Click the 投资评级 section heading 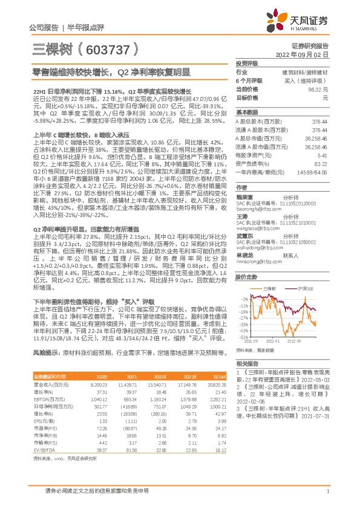point(247,63)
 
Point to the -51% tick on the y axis point(244,337)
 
